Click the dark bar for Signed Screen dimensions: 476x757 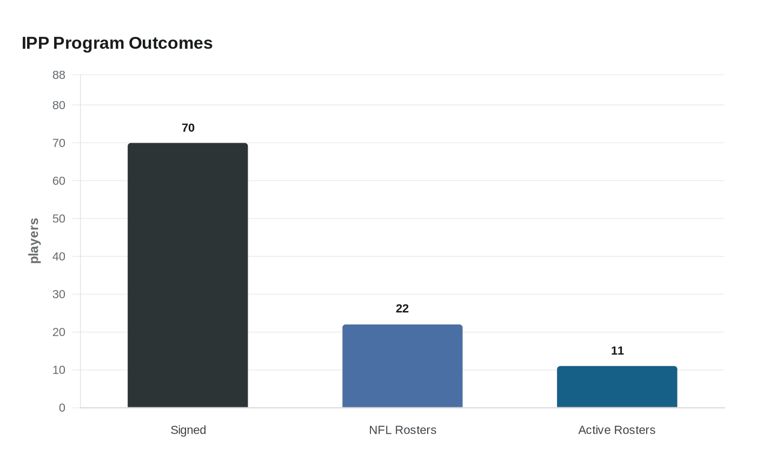(188, 275)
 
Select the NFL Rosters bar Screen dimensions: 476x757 (402, 366)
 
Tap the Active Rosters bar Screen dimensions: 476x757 (617, 387)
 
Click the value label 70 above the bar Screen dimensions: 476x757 (188, 128)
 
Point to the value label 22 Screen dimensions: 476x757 (402, 309)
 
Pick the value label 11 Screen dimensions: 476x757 (617, 351)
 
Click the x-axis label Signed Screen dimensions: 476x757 (188, 430)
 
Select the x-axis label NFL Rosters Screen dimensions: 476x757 (402, 430)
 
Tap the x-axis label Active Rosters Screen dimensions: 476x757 (616, 430)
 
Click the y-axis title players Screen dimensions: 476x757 (35, 241)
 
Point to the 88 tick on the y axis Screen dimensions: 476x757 (59, 75)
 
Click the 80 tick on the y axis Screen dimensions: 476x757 (59, 105)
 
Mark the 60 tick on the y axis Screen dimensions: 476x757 (59, 181)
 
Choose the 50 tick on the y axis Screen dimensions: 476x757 (59, 219)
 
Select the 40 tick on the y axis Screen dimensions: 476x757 (59, 257)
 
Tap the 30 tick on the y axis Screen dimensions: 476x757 (59, 295)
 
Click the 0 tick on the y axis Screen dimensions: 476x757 (62, 408)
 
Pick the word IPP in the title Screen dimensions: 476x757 (35, 43)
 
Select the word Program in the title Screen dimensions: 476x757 (89, 43)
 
